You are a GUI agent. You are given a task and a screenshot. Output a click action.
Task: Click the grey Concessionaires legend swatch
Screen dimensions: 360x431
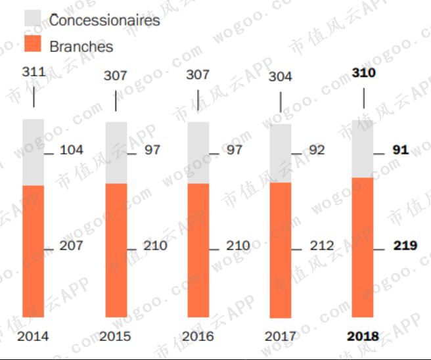[33, 19]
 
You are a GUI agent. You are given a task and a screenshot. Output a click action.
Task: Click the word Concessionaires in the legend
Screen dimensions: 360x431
[104, 20]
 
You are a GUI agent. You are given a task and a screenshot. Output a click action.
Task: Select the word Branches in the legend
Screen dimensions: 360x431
[81, 47]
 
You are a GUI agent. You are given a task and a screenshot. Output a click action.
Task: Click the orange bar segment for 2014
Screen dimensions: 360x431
[34, 251]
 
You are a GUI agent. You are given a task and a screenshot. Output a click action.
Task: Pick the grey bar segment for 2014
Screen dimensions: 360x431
[34, 152]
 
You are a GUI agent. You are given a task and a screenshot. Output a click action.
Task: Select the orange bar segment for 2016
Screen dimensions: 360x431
[198, 250]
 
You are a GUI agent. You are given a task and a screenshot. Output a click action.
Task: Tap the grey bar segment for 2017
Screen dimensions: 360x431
[281, 153]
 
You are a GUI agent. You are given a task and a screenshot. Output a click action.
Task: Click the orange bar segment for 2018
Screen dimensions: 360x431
[363, 248]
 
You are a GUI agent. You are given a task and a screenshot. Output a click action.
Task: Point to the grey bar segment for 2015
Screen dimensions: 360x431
[116, 152]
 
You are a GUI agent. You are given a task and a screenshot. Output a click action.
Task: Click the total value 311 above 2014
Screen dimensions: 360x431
[34, 71]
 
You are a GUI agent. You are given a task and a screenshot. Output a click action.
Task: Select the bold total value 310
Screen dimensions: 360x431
[363, 72]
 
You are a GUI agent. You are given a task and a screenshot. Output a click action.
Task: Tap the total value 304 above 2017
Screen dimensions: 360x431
[281, 77]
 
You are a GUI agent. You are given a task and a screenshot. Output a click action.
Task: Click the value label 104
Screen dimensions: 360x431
[72, 150]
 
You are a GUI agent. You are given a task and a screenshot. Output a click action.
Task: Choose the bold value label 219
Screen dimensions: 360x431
[405, 246]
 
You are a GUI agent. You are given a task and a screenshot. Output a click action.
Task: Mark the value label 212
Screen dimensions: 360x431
[322, 246]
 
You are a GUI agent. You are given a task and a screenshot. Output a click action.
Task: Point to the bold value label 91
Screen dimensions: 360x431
[401, 150]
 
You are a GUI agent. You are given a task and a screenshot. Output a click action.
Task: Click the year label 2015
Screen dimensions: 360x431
[116, 336]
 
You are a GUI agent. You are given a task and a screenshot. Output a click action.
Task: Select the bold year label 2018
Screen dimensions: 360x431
[363, 336]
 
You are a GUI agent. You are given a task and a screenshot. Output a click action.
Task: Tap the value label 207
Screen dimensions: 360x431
[72, 246]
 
